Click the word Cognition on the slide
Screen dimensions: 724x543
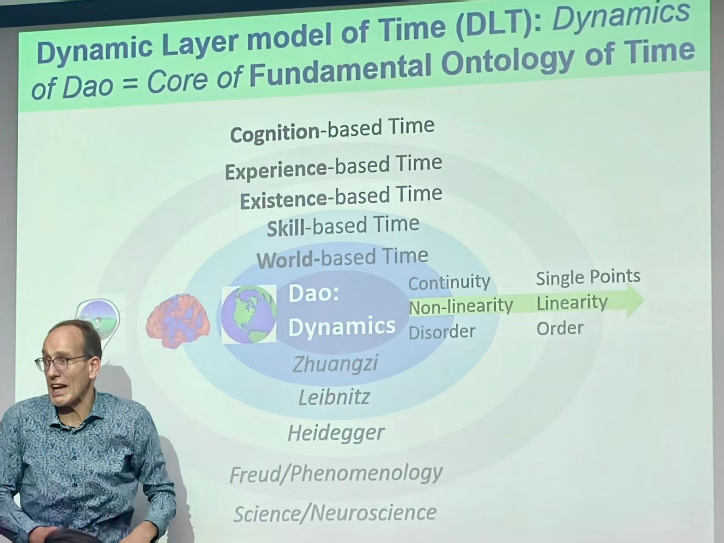click(x=275, y=133)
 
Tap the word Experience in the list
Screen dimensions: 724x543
click(x=276, y=171)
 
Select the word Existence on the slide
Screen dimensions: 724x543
click(x=283, y=200)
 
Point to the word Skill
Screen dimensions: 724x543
click(x=286, y=229)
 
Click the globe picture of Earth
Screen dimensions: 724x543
click(x=249, y=314)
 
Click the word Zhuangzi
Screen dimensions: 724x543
click(x=335, y=364)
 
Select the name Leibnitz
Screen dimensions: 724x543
click(x=334, y=397)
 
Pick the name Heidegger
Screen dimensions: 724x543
click(x=336, y=433)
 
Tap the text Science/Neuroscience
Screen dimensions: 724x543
click(x=335, y=513)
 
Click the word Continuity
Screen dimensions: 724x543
click(x=449, y=282)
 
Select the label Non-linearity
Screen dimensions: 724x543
click(x=461, y=306)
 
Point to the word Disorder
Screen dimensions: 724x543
click(x=442, y=332)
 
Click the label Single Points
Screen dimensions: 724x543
click(x=588, y=277)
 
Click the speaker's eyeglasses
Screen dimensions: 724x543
click(x=64, y=363)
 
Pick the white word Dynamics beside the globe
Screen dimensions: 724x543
click(x=342, y=326)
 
